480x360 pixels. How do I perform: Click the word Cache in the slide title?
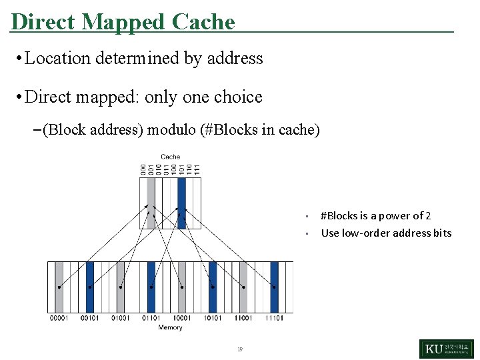(x=203, y=22)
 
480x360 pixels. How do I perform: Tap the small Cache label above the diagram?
(x=171, y=157)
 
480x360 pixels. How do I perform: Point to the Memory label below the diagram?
(x=170, y=327)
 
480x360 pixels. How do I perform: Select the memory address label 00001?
(x=59, y=318)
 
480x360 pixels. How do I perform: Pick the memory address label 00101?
(x=89, y=318)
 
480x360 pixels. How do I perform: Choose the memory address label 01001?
(x=120, y=318)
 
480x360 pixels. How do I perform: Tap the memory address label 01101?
(x=151, y=318)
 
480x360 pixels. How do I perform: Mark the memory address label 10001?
(x=181, y=318)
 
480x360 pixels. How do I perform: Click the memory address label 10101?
(x=212, y=318)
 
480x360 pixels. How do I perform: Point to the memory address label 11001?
(x=243, y=318)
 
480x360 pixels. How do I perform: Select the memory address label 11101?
(x=274, y=318)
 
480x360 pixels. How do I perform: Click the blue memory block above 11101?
(x=274, y=287)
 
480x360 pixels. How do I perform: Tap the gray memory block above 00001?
(x=59, y=287)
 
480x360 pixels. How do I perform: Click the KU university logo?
(x=446, y=349)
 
